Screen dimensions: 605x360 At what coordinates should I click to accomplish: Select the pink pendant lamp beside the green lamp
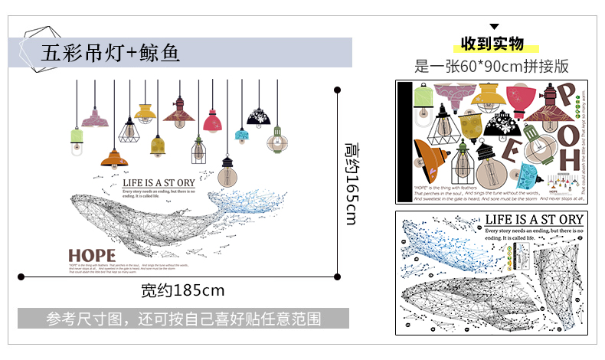95,119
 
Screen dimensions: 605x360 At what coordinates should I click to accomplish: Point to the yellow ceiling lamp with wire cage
146,113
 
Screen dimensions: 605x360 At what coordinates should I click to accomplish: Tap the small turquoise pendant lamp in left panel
242,136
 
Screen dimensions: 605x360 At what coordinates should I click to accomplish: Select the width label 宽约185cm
182,290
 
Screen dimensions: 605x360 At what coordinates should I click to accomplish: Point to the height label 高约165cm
351,183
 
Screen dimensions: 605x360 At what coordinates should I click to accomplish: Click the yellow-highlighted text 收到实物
492,43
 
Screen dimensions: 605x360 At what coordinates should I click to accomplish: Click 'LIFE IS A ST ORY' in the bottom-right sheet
533,220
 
